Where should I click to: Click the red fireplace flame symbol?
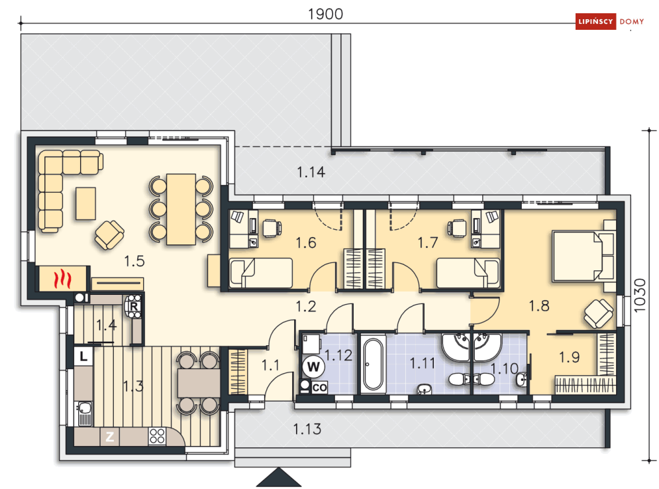click(62, 279)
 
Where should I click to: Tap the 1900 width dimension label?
click(325, 14)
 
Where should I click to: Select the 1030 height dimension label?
click(639, 295)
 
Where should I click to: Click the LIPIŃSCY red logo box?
click(595, 21)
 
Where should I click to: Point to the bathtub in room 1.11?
click(373, 364)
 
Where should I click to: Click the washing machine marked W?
click(313, 367)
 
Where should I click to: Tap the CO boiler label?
click(319, 387)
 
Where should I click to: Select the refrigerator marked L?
click(83, 356)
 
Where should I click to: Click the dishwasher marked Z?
click(110, 437)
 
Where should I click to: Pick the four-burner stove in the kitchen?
click(157, 437)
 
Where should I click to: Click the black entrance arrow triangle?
click(279, 478)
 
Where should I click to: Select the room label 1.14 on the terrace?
click(311, 172)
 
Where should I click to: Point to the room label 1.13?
click(307, 429)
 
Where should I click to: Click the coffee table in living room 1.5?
click(85, 203)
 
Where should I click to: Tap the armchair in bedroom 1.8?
click(599, 313)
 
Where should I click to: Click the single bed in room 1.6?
click(260, 273)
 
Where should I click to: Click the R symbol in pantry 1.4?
click(134, 307)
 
